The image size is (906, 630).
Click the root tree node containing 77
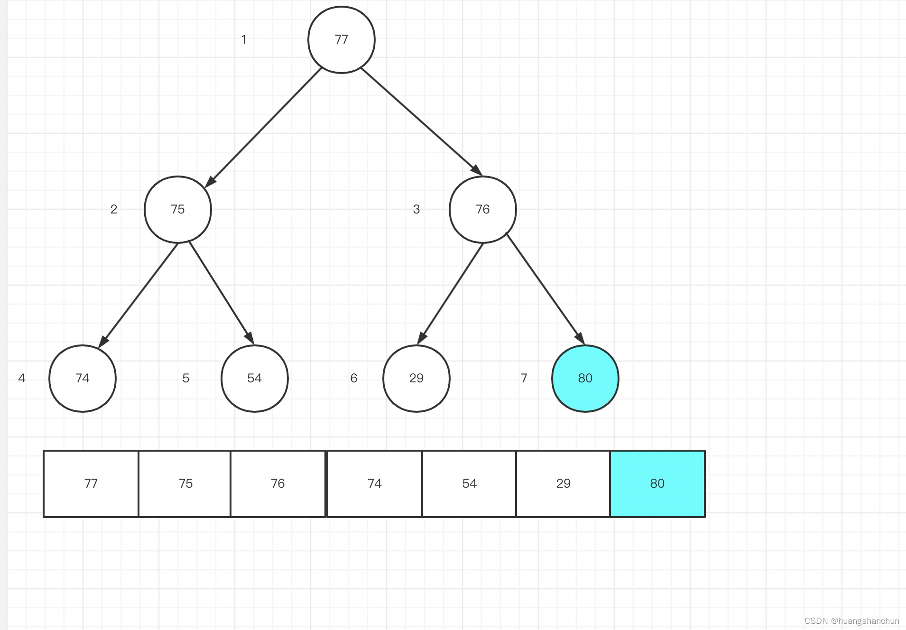coord(341,40)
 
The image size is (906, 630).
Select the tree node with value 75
coord(178,209)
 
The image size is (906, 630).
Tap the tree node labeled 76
coord(482,209)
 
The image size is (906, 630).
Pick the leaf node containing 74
coord(83,378)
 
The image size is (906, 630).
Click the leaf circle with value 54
coord(255,378)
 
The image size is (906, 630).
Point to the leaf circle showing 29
coord(416,378)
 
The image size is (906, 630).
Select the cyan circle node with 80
coord(585,378)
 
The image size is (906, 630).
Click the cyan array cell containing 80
coord(657,483)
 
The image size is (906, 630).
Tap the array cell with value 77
coord(91,483)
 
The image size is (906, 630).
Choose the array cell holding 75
coord(185,483)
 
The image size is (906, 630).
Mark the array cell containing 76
coord(278,483)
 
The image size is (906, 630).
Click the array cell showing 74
coord(375,483)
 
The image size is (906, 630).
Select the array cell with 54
coord(469,483)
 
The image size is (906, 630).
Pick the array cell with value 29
coord(563,483)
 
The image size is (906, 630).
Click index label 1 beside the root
coord(244,39)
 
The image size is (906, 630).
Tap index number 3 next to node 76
coord(416,209)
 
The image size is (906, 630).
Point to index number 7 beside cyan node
coord(524,378)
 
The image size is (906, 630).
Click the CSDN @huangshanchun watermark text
coord(851,621)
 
